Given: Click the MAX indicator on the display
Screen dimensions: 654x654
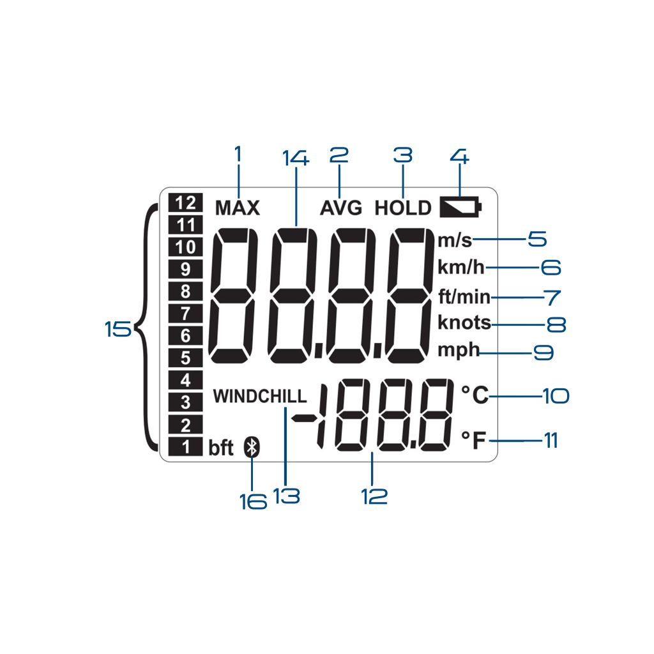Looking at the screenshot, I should click(x=238, y=208).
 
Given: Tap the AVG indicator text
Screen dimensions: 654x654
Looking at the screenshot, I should click(x=341, y=208).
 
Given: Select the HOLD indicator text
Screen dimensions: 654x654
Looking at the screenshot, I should click(x=403, y=208).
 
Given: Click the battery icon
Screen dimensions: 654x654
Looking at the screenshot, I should click(x=461, y=207).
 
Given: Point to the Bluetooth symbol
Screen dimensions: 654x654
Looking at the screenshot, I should click(x=252, y=448).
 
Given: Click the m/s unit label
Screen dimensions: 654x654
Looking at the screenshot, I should click(x=455, y=240).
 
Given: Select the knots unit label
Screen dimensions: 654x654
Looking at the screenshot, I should click(x=464, y=323).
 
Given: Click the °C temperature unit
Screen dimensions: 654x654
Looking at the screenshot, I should click(x=475, y=396).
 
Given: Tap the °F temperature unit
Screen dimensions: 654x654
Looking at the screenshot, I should click(x=474, y=440).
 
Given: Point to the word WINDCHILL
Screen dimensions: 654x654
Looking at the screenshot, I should click(x=260, y=396).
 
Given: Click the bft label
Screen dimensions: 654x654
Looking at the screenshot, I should click(x=221, y=448).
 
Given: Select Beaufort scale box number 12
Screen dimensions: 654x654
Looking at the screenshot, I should click(x=185, y=203).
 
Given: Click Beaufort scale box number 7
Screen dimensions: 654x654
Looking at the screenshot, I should click(x=185, y=313).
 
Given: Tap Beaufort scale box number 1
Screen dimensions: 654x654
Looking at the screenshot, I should click(x=185, y=447).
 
